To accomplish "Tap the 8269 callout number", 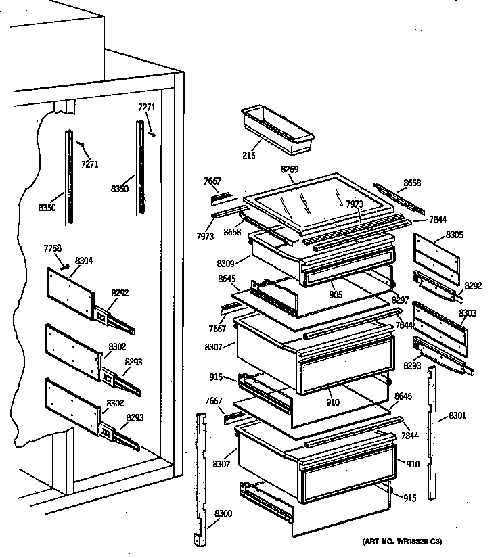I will pos(290,170).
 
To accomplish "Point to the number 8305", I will pos(455,235).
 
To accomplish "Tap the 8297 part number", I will pos(400,300).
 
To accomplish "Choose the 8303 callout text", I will pos(467,313).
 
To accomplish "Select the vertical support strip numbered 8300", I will pos(200,473).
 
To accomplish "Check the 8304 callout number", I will pos(84,260).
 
